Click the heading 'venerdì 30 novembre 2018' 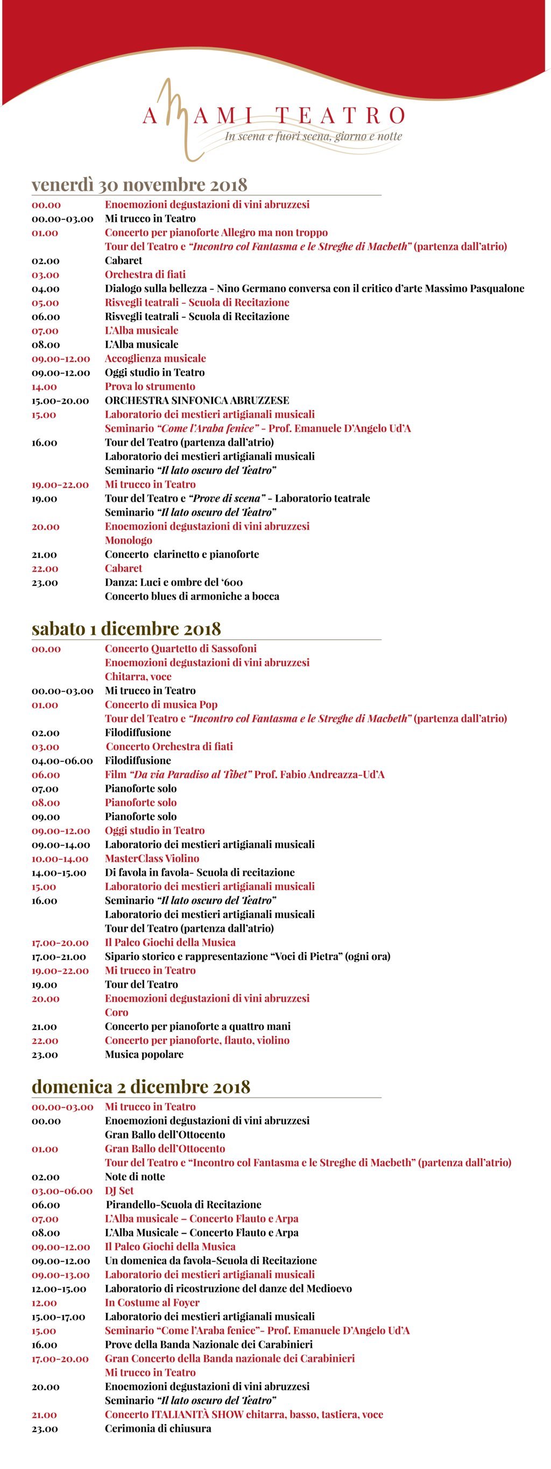coord(139,185)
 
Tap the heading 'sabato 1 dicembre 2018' coord(126,628)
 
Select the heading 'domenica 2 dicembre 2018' coord(141,1086)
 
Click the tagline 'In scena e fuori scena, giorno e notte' coord(313,136)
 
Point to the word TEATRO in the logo coord(341,115)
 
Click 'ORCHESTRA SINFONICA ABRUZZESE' coord(197,400)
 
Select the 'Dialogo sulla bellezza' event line coord(314,288)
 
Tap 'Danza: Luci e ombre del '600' coord(173,582)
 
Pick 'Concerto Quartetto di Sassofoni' coord(180,648)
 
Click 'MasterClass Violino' coord(152,858)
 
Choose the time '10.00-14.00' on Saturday coord(60,858)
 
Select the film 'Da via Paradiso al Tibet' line coord(244,774)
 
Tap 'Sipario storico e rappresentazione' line coord(247,956)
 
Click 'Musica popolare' coord(144,1055)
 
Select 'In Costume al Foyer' coord(152,1303)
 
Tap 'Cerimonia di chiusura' coord(158,1429)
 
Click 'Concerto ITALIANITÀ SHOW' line coord(244,1414)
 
